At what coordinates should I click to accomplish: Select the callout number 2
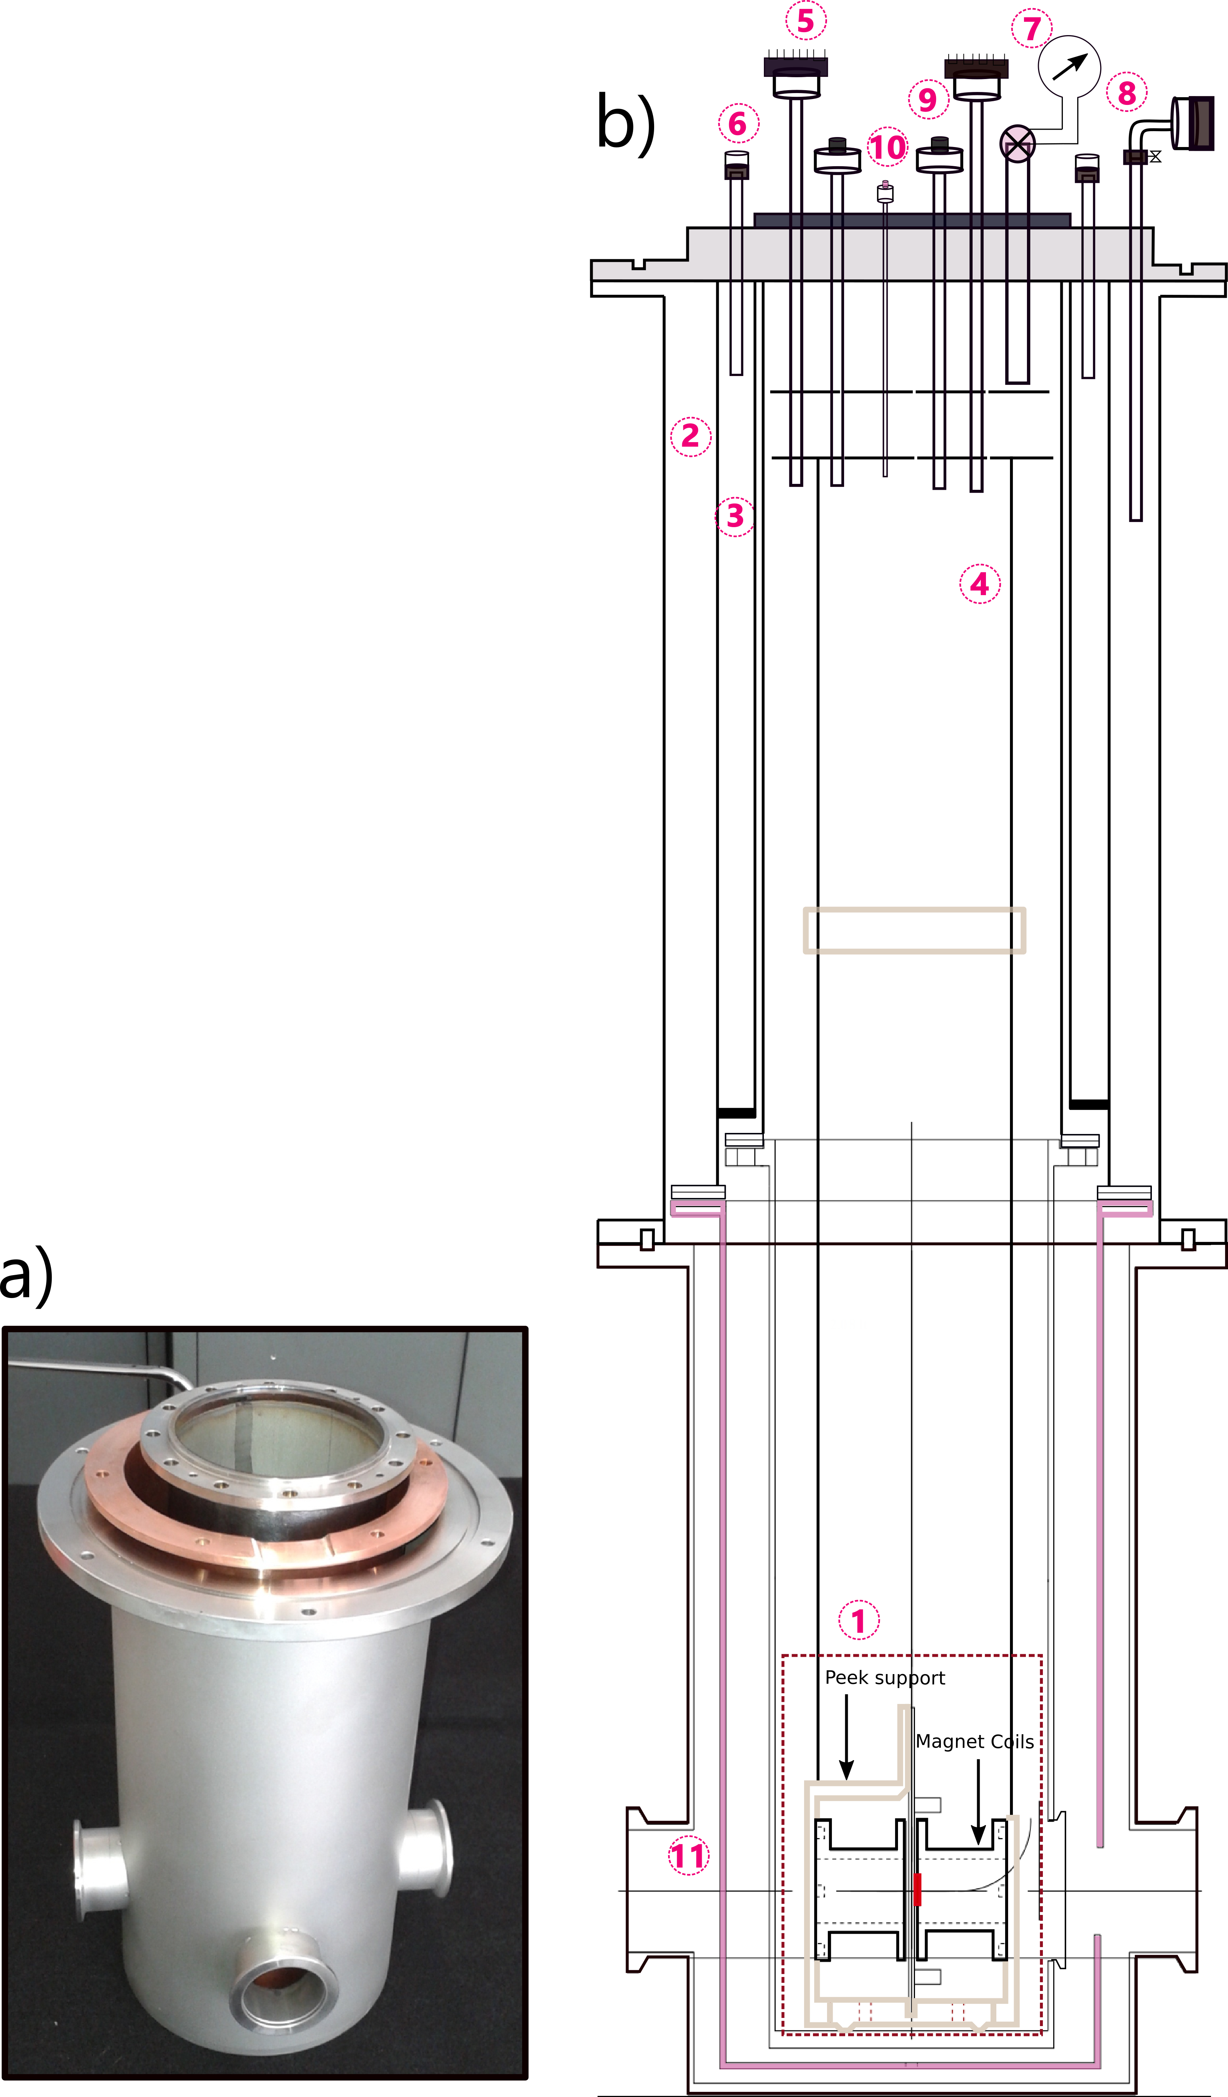[690, 436]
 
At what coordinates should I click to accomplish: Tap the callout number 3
[735, 516]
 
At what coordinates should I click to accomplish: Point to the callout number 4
[980, 584]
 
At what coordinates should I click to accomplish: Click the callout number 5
[806, 21]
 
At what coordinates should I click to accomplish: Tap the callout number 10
[888, 147]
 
